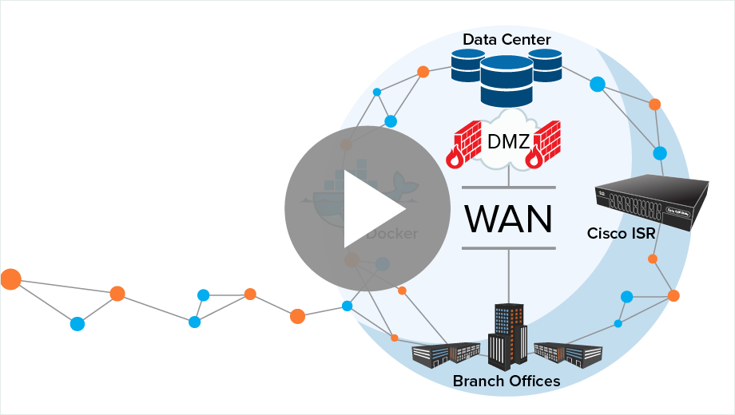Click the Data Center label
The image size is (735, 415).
pyautogui.click(x=507, y=39)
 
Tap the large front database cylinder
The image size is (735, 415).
pyautogui.click(x=507, y=81)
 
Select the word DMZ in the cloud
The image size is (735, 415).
pyautogui.click(x=508, y=143)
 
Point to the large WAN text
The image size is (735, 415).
pyautogui.click(x=508, y=217)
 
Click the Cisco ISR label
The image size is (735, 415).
pyautogui.click(x=622, y=234)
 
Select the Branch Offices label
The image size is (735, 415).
pyautogui.click(x=507, y=381)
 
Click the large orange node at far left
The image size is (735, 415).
pyautogui.click(x=11, y=279)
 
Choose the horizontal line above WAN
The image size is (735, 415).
pyautogui.click(x=508, y=188)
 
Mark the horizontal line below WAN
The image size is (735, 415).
pyautogui.click(x=508, y=248)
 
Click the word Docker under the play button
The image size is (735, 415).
pyautogui.click(x=391, y=234)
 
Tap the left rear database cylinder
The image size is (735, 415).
pyautogui.click(x=467, y=65)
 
